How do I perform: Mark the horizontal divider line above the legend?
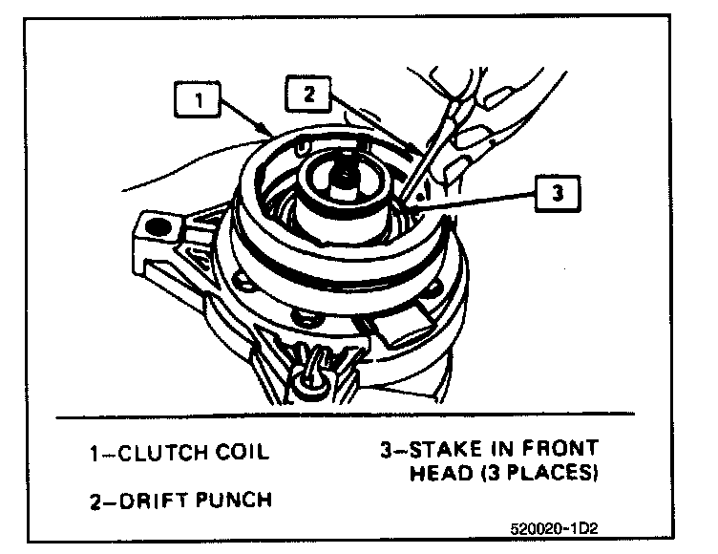point(344,418)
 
